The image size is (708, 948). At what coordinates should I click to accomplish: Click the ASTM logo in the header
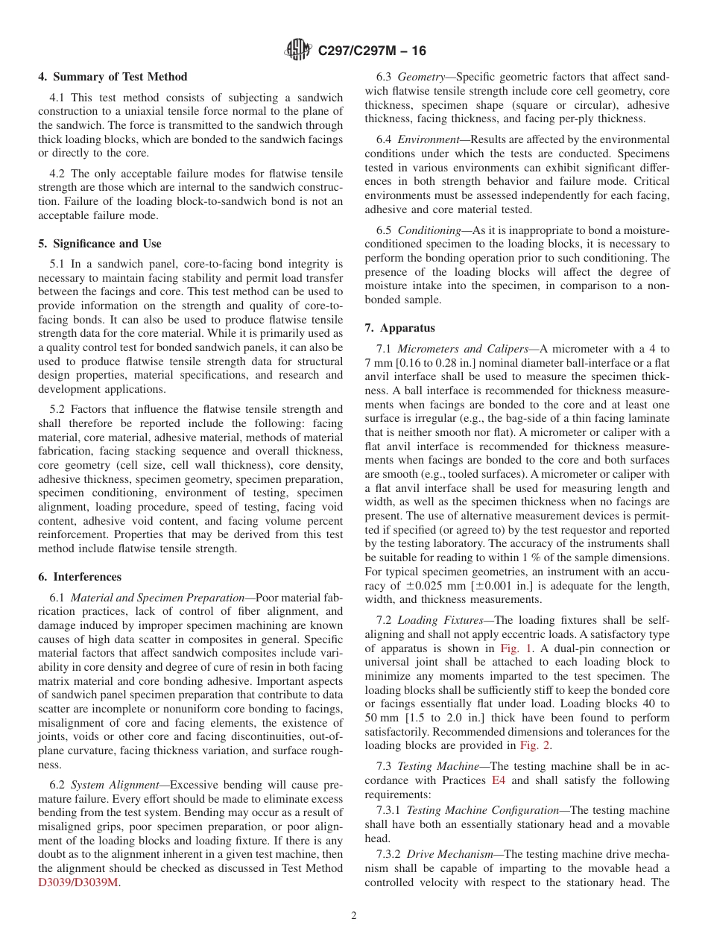tap(299, 51)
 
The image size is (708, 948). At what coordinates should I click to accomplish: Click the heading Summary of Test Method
tap(113, 77)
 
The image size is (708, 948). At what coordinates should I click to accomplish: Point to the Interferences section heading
tap(79, 577)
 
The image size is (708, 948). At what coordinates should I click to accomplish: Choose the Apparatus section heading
tap(399, 328)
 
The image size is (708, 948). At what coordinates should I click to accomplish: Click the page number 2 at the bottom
tap(354, 916)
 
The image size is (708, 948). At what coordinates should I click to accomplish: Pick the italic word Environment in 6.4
tap(429, 139)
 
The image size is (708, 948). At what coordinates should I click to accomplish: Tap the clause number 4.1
tap(58, 98)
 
